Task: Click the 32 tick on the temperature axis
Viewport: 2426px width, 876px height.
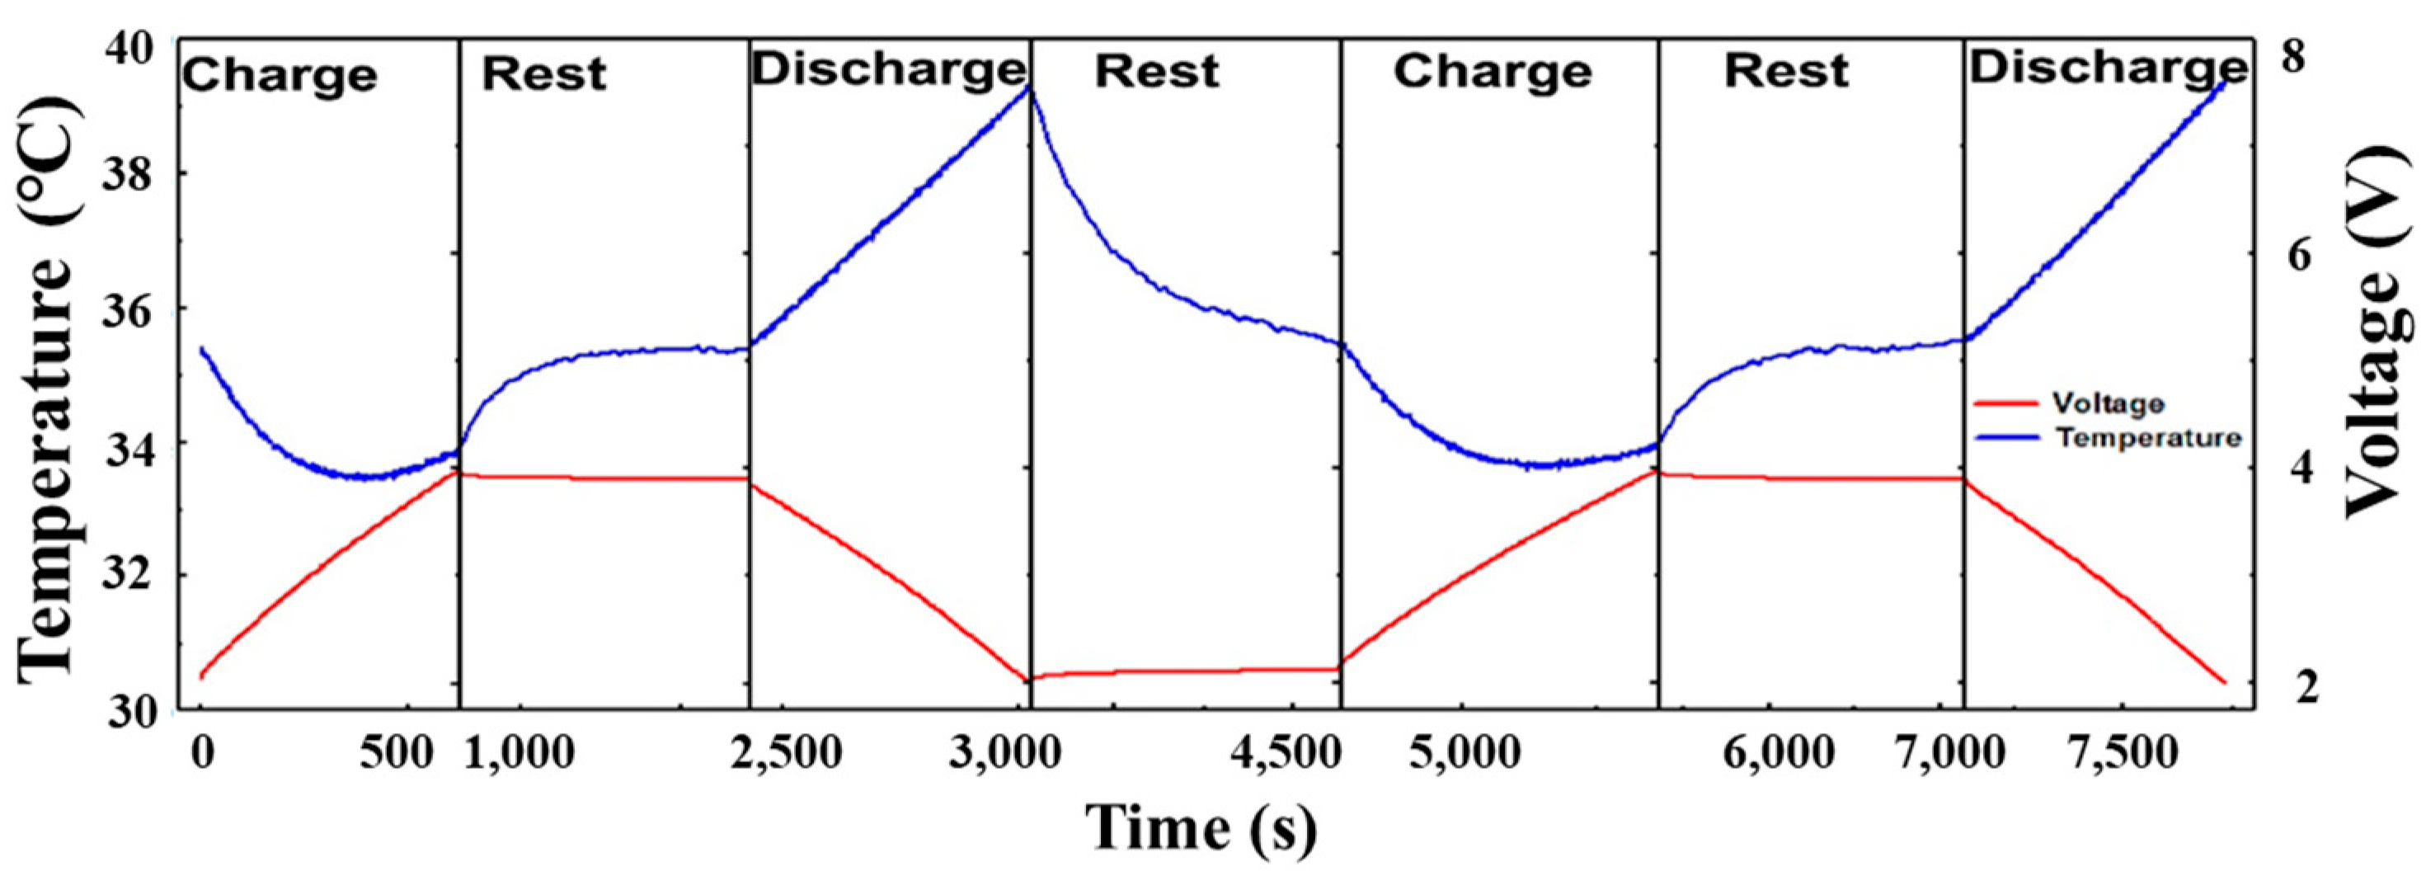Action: pos(135,577)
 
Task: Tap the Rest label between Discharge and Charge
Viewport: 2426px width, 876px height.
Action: pos(1156,72)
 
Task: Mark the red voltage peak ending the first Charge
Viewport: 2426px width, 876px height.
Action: pos(456,471)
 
